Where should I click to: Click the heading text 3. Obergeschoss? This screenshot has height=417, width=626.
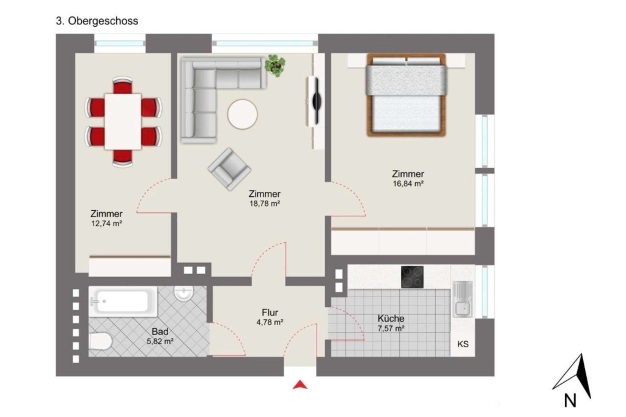[x=97, y=21]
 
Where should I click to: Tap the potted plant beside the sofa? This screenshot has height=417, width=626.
[x=275, y=65]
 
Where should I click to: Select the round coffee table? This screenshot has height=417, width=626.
[x=242, y=114]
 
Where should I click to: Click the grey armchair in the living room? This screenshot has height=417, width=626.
[x=229, y=169]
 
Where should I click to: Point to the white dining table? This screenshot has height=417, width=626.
[x=123, y=122]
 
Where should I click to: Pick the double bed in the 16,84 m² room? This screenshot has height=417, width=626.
[x=407, y=95]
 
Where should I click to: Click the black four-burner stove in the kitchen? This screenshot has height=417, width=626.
[x=413, y=277]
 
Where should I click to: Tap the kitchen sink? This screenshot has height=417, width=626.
[x=463, y=299]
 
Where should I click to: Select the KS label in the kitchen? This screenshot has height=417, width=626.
[x=463, y=344]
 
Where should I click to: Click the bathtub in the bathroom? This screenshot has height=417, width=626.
[x=123, y=301]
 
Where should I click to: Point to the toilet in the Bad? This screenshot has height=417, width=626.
[x=100, y=341]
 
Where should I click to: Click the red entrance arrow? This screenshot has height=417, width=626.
[x=300, y=385]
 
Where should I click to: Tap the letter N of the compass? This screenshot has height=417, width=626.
[x=570, y=400]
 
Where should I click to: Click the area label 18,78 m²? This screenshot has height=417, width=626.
[x=265, y=204]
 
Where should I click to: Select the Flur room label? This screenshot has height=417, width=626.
[x=270, y=312]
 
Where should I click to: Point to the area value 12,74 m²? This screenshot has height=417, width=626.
[x=106, y=224]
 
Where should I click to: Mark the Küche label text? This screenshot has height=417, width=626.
[x=391, y=319]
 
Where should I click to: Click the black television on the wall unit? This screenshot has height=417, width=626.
[x=316, y=100]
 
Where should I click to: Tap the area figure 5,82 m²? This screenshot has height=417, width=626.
[x=160, y=342]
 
